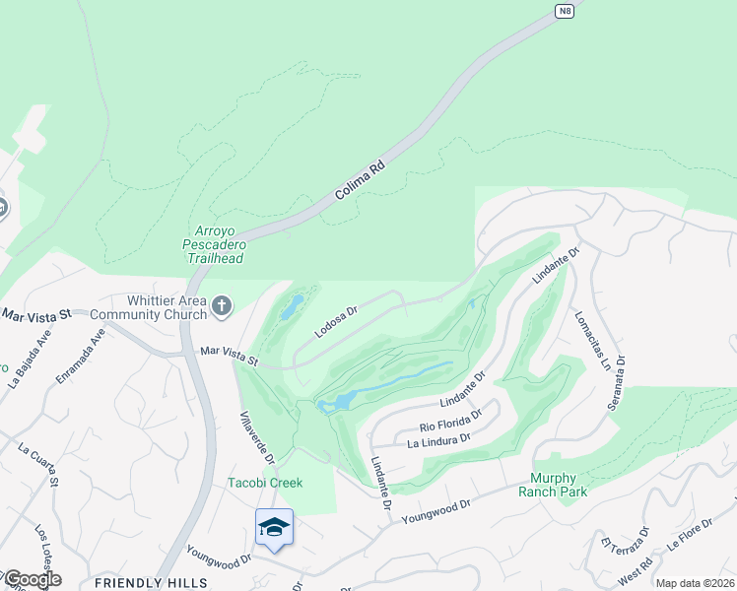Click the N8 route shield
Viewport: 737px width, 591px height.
564,11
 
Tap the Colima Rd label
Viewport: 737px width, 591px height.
359,182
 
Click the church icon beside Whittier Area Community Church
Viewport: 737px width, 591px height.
220,307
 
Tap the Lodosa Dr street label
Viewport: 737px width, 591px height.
336,320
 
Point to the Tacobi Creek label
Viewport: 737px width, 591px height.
265,483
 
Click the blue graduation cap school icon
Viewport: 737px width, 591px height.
274,528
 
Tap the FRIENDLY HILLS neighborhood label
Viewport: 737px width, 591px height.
151,582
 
